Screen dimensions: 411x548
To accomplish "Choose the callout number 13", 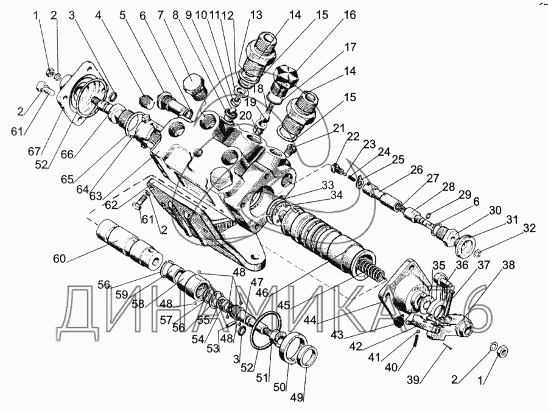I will [x=239, y=14].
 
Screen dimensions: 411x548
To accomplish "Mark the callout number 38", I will [x=508, y=265].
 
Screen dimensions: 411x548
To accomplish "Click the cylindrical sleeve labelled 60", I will [x=126, y=242].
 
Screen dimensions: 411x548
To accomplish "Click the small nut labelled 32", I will [x=480, y=252].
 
